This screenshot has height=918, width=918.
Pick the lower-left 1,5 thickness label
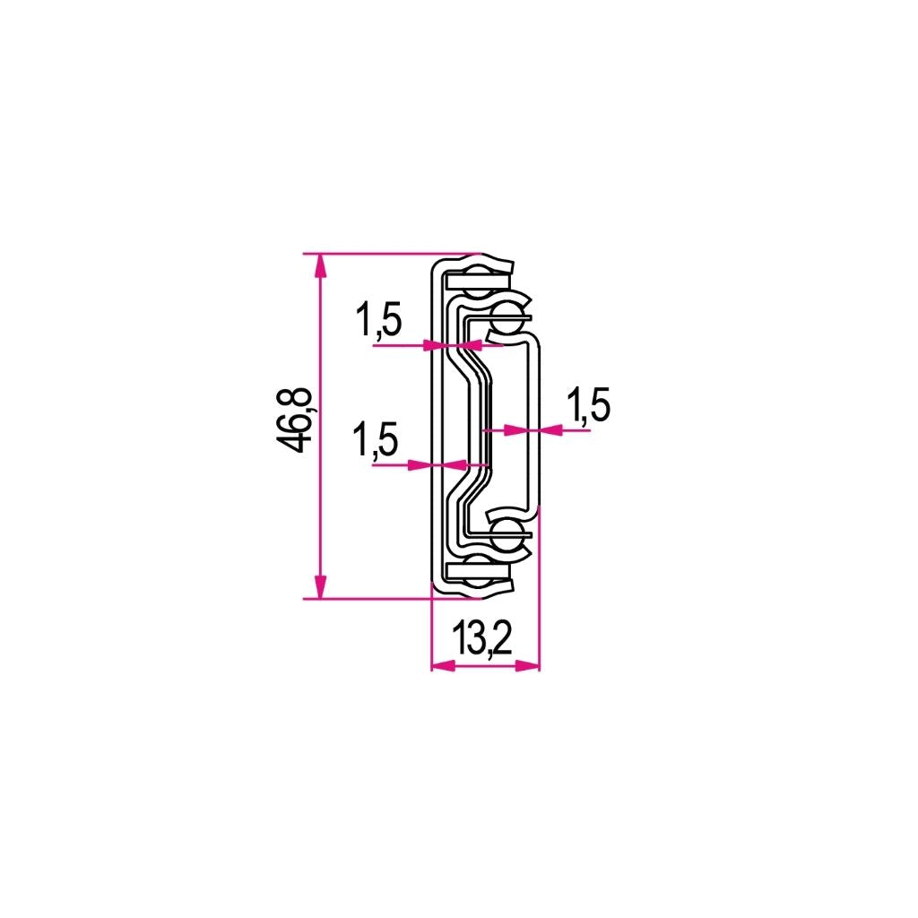coord(375,439)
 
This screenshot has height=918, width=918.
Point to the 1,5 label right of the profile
coord(588,404)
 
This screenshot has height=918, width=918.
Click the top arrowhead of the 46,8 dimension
coord(320,267)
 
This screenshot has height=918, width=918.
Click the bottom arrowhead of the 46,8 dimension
coord(320,586)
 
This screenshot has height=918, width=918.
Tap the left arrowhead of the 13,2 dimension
coord(443,665)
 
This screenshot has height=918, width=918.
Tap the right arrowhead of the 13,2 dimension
coord(527,665)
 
